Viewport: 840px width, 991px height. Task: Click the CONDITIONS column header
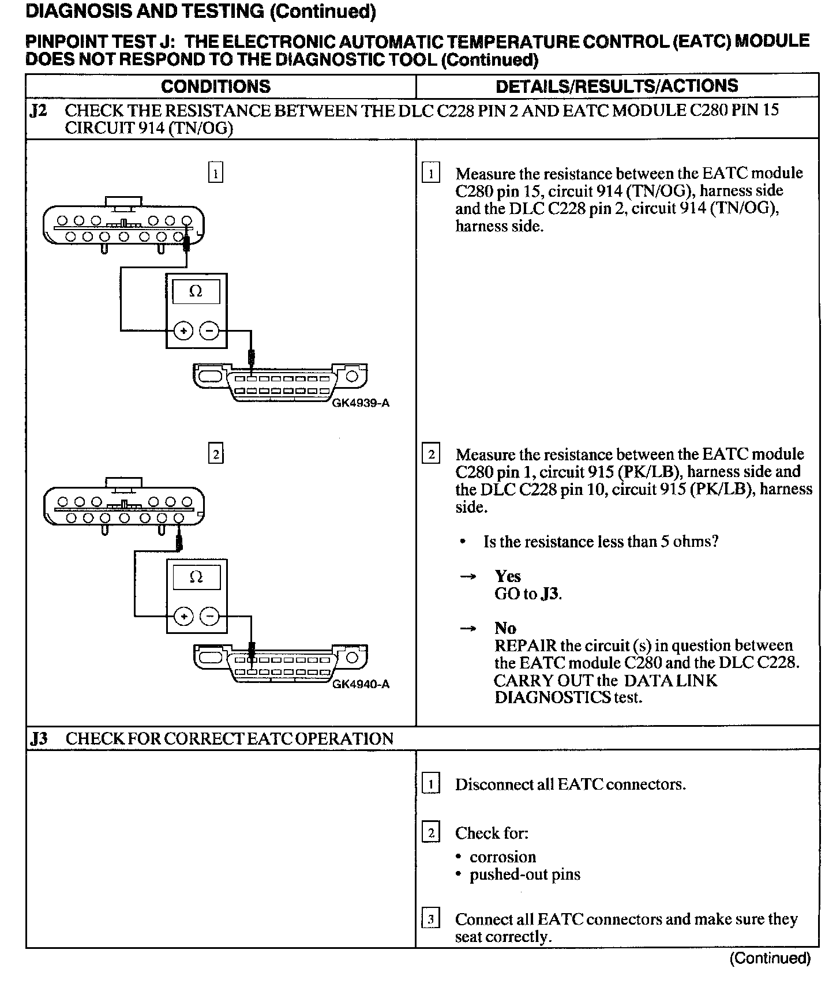pyautogui.click(x=216, y=87)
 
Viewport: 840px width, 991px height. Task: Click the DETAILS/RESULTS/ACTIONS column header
pyautogui.click(x=617, y=86)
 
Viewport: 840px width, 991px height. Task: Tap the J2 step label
pyautogui.click(x=38, y=111)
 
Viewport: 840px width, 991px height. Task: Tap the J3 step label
pyautogui.click(x=39, y=738)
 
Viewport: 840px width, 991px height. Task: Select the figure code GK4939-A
pyautogui.click(x=361, y=403)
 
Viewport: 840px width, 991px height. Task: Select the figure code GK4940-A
pyautogui.click(x=361, y=684)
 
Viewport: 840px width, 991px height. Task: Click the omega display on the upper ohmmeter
pyautogui.click(x=196, y=292)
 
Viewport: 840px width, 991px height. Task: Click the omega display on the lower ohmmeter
pyautogui.click(x=196, y=577)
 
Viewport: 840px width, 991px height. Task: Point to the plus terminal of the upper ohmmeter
pyautogui.click(x=183, y=331)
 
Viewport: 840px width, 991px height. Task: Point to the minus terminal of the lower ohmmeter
pyautogui.click(x=209, y=617)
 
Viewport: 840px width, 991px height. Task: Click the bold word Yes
pyautogui.click(x=508, y=576)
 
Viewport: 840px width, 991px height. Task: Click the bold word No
pyautogui.click(x=505, y=628)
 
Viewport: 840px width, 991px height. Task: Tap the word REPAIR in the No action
pyautogui.click(x=525, y=645)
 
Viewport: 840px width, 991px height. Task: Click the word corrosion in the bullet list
pyautogui.click(x=502, y=857)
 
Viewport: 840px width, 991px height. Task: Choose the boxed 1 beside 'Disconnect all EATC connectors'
pyautogui.click(x=431, y=784)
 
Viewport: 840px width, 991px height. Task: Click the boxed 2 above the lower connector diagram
pyautogui.click(x=216, y=455)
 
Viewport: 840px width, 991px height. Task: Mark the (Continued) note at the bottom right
pyautogui.click(x=770, y=958)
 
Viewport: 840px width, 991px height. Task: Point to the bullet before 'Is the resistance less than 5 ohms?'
pyautogui.click(x=463, y=542)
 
